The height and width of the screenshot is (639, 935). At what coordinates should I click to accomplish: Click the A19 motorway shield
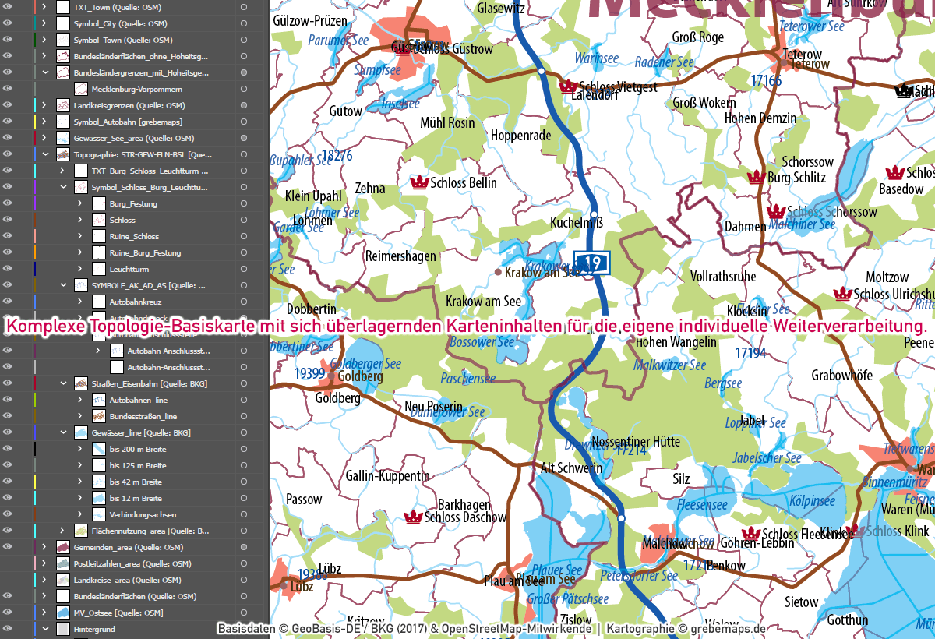(x=591, y=263)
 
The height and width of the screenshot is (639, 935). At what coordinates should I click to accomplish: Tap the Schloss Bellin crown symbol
(x=420, y=182)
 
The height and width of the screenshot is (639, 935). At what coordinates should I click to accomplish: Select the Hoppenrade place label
(x=520, y=136)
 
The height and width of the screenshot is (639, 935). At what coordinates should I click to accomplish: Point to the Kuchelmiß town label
(x=576, y=222)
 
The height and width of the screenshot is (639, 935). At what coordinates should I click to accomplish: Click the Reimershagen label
(x=400, y=256)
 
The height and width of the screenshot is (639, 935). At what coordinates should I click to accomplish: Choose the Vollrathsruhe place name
(x=723, y=277)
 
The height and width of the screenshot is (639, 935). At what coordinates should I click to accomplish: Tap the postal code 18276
(x=336, y=156)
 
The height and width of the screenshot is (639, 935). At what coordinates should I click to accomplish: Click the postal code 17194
(x=750, y=354)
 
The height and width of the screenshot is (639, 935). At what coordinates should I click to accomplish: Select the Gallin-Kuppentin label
(x=387, y=475)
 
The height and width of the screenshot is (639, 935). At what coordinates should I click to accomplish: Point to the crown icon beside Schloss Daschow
(x=413, y=517)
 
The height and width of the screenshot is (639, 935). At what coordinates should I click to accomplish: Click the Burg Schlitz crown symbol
(x=754, y=177)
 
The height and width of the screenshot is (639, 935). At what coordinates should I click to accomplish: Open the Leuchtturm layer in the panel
(x=129, y=269)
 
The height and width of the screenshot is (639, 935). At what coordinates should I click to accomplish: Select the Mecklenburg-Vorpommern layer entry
(x=136, y=89)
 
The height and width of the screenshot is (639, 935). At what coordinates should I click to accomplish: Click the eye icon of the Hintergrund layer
(x=8, y=629)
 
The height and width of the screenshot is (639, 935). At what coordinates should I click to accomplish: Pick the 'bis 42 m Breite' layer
(x=136, y=482)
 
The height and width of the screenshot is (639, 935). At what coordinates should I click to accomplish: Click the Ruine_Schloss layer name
(x=134, y=236)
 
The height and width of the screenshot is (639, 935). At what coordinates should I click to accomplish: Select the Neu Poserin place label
(x=433, y=407)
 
